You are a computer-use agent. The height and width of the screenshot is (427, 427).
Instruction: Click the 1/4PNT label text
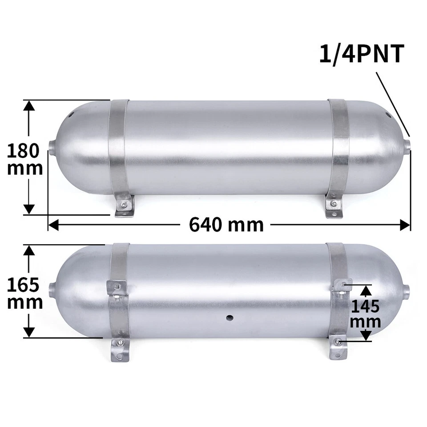[x=362, y=54]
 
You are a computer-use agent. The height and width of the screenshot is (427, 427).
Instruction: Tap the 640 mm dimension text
[x=226, y=225]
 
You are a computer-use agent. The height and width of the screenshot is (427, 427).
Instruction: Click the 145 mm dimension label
[x=365, y=314]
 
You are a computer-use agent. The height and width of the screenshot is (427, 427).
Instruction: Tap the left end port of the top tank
[x=51, y=147]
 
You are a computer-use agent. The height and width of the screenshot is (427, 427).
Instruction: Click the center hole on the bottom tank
[x=230, y=317]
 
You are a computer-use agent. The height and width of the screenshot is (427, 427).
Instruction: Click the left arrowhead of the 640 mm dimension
[x=52, y=225]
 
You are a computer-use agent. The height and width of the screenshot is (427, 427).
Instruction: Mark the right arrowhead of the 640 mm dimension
[x=405, y=225]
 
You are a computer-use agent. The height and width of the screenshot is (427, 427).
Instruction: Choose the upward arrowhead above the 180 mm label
[x=29, y=105]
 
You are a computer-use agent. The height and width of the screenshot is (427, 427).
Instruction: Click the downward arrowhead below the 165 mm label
[x=29, y=332]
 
